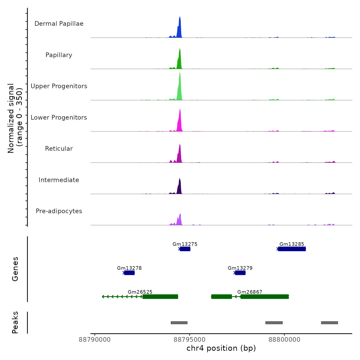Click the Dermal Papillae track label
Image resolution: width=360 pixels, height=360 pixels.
tap(59, 24)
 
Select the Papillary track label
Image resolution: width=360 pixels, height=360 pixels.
tap(59, 55)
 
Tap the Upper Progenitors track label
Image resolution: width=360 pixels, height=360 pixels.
tap(59, 86)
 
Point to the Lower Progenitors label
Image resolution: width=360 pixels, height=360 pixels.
tap(59, 118)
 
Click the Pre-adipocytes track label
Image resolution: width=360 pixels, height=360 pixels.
tap(59, 211)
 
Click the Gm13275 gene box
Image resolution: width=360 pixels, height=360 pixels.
tap(185, 249)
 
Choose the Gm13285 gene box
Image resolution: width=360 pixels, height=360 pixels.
tap(292, 249)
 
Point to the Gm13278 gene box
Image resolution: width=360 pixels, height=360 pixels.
tap(129, 273)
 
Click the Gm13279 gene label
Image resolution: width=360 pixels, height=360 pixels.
tap(240, 268)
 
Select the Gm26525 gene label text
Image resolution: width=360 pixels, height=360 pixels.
tap(140, 292)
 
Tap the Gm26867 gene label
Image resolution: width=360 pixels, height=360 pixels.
tap(250, 292)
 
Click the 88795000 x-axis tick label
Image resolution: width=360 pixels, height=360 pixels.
tap(190, 340)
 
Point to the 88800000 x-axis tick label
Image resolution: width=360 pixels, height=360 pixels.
tap(284, 340)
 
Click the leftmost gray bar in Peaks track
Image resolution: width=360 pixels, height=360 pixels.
tap(179, 323)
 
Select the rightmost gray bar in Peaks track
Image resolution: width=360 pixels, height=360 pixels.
tap(329, 323)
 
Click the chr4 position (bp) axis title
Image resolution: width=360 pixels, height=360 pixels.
tap(221, 348)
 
